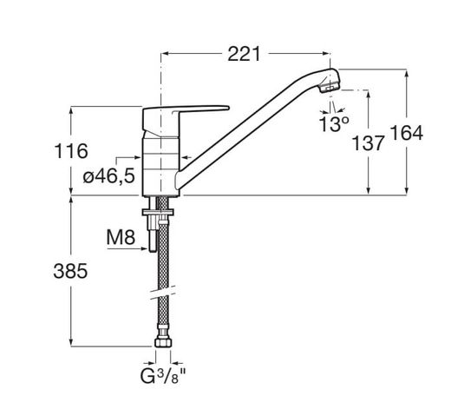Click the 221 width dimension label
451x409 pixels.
coord(244,54)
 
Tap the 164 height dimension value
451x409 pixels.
coord(407,133)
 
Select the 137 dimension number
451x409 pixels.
coord(368,143)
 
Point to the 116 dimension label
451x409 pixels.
coord(71,151)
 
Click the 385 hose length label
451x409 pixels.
coord(70,271)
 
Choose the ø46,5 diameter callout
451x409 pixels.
coord(109,175)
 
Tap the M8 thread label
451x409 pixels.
coord(121,237)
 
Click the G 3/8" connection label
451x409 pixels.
coord(162,376)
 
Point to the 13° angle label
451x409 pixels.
coord(333,124)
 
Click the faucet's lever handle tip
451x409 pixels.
coord(227,109)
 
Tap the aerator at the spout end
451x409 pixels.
coord(330,87)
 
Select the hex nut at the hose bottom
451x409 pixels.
coord(163,343)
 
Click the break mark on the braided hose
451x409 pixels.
coord(163,293)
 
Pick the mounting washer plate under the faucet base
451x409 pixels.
coord(158,212)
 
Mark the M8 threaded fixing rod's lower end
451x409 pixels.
coord(153,251)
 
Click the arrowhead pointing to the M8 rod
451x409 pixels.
coord(146,248)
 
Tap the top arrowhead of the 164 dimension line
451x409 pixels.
coord(407,73)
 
